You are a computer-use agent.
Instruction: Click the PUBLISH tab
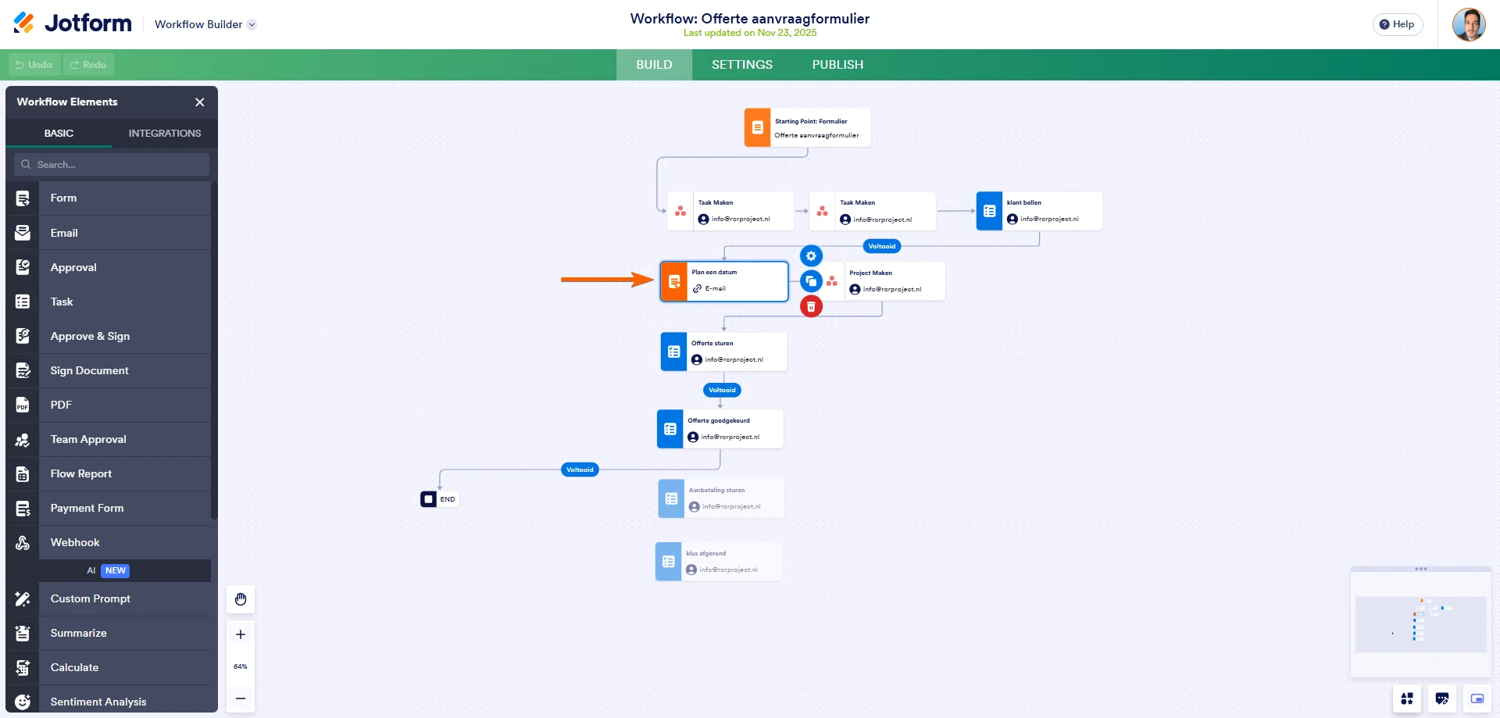pos(837,65)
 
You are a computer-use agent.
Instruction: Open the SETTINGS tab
pos(741,65)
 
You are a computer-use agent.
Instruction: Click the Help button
pos(1397,24)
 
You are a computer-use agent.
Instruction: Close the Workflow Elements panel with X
pos(200,102)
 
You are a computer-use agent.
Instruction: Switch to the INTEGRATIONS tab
pos(164,134)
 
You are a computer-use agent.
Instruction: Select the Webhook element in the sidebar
pos(75,542)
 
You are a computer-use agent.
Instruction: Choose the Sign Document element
pos(89,370)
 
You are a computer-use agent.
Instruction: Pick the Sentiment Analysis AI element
pos(98,702)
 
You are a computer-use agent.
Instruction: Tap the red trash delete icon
pos(811,307)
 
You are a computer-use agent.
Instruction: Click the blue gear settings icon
pos(811,256)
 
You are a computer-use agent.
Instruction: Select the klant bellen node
pos(1039,211)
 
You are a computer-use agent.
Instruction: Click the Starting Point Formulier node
pos(808,128)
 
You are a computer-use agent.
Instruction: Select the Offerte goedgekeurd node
pos(720,429)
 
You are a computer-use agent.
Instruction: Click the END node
pos(439,499)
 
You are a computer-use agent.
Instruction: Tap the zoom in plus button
pos(241,634)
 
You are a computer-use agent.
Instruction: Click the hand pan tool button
pos(241,599)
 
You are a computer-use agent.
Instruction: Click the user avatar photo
pos(1468,24)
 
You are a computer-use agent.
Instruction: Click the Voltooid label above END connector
pos(580,470)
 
